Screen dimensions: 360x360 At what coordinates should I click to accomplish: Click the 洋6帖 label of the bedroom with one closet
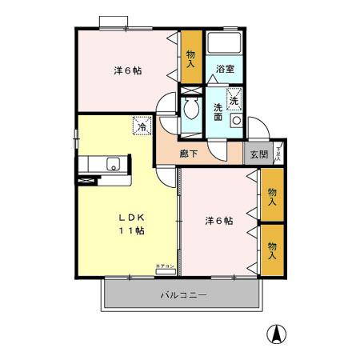pos(127,71)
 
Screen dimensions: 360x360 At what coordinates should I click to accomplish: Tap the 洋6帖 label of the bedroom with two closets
pos(218,221)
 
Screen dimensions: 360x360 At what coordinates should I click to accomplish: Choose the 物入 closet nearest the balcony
pos(272,250)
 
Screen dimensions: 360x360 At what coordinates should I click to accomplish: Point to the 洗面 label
pos(218,111)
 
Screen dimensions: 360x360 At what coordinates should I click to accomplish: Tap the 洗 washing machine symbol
pos(234,100)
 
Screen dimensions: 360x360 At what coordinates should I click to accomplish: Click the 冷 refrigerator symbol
pos(141,126)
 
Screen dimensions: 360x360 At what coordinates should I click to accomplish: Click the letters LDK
pos(133,217)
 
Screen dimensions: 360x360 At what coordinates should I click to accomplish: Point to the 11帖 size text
pos(133,231)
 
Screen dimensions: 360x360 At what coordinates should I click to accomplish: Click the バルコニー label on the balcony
pos(183,295)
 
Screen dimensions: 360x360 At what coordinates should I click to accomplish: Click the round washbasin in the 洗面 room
pos(236,120)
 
